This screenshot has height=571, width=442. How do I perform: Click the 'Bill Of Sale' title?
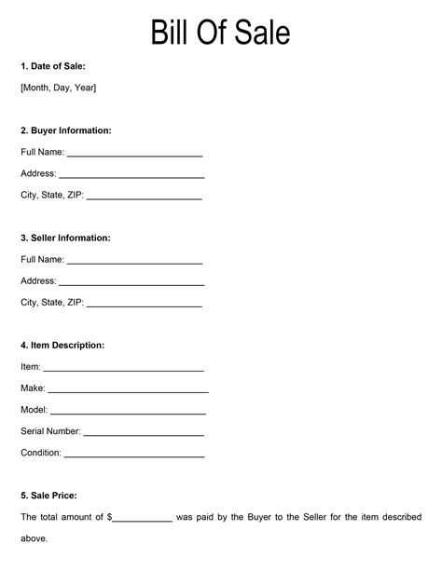pos(220,34)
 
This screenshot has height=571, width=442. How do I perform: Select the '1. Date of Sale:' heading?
pos(53,67)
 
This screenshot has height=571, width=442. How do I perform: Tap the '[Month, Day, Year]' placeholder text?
pos(58,88)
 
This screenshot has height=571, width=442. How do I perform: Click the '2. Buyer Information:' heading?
pos(66,130)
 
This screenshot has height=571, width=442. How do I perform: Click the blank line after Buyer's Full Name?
pos(134,154)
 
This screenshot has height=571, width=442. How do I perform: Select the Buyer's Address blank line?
pos(131,175)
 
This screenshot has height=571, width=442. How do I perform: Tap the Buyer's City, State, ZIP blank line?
pos(144,197)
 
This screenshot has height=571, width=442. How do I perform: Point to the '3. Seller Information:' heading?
pos(65,238)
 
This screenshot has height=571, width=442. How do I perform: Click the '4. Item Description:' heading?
pos(62,346)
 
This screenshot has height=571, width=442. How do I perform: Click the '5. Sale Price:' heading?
pos(48,496)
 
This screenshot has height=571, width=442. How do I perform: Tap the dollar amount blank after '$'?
pos(143,519)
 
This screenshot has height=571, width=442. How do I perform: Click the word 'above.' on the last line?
pos(35,538)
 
